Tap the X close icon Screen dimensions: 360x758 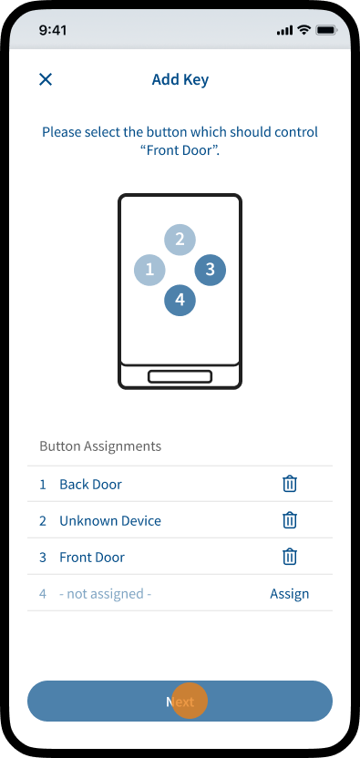coord(46,79)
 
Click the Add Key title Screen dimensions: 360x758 coord(180,79)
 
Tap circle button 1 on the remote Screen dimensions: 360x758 coord(149,270)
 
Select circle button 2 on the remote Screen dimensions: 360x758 coord(180,239)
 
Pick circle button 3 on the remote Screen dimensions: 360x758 coord(210,270)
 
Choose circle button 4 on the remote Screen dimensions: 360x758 coord(180,301)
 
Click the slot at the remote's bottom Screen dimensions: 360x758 coord(180,376)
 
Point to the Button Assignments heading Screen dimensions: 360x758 coord(100,446)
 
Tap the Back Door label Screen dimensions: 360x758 coord(90,485)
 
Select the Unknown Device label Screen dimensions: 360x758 coord(110,520)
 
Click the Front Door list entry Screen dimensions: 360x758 coord(92,558)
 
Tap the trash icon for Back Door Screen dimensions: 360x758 coord(290,484)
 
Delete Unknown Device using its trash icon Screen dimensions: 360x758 coord(290,520)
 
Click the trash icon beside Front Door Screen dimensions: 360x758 coord(290,557)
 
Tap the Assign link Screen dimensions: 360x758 coord(289,594)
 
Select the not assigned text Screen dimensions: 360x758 coord(106,594)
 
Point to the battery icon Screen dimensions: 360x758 coord(326,30)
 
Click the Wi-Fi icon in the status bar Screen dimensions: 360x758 coord(303,30)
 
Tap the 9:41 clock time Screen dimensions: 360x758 coord(53,30)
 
